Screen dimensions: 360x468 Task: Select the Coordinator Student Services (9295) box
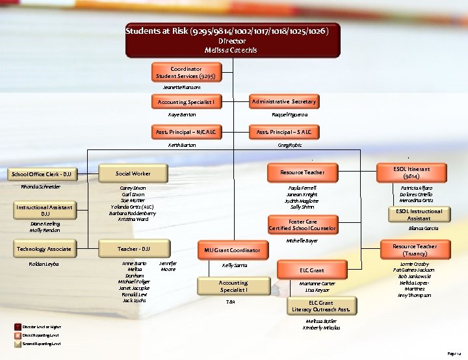pos(186,72)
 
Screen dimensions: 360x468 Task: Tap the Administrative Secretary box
pos(284,101)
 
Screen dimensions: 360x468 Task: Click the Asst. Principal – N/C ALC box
pos(185,132)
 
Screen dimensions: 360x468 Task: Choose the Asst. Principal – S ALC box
pos(283,132)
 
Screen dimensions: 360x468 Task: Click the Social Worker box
pos(133,174)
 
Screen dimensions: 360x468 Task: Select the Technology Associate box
pos(44,249)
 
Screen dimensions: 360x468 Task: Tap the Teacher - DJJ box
pos(133,249)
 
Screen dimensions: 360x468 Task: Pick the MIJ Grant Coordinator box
pos(232,250)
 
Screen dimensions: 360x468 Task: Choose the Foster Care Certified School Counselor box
pos(302,225)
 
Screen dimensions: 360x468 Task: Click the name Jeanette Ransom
pos(181,87)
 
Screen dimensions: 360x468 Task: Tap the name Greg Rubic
pos(283,145)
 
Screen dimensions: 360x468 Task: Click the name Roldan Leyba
pos(44,263)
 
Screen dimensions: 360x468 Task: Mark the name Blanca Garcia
pos(422,228)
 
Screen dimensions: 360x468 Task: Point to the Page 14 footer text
pos(454,353)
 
